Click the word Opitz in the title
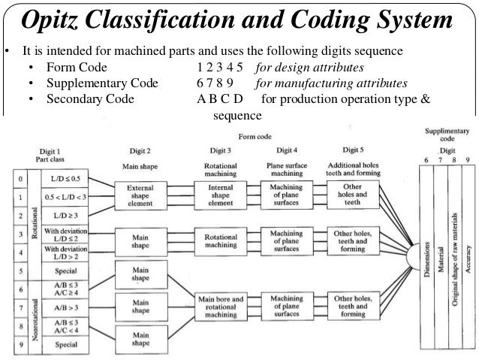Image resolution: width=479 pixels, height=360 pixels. pyautogui.click(x=59, y=21)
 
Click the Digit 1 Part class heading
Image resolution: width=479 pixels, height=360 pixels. pyautogui.click(x=53, y=155)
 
